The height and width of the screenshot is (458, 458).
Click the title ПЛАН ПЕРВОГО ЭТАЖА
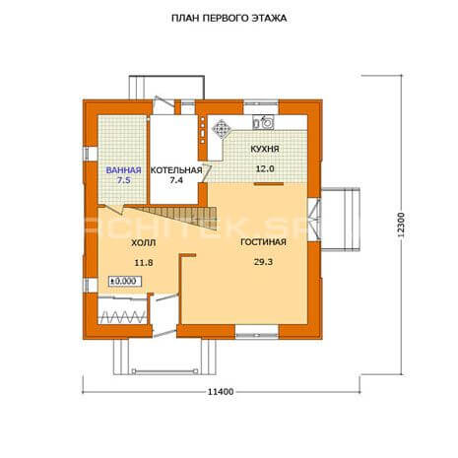229,18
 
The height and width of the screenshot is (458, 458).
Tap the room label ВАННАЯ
123,170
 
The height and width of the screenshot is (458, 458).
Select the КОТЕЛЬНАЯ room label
176,170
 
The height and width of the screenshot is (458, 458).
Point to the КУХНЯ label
265,149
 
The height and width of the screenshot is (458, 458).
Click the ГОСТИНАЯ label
263,242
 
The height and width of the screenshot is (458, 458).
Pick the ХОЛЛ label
144,243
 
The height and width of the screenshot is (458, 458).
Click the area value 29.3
263,262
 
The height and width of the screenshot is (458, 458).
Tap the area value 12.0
265,168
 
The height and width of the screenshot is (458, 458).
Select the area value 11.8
144,263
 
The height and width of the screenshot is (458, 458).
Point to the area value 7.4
176,180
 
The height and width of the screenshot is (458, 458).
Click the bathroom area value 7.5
123,180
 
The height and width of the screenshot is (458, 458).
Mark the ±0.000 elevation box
125,282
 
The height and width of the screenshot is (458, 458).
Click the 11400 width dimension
221,392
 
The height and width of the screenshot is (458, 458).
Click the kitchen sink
263,122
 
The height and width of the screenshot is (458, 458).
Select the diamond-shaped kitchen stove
222,129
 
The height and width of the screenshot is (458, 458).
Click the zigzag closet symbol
122,317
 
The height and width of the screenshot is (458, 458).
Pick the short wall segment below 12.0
269,184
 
